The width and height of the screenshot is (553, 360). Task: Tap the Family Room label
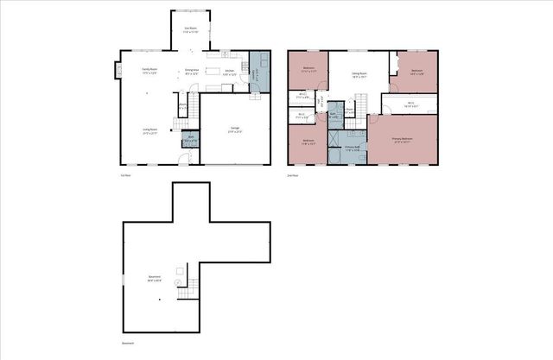149,72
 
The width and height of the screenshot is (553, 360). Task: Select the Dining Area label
192,72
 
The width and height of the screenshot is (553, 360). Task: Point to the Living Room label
149,131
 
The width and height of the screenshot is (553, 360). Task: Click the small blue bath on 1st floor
190,138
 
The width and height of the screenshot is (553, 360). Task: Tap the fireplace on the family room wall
118,72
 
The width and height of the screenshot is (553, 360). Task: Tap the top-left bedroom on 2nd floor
308,69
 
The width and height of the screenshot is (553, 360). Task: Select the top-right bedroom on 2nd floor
416,72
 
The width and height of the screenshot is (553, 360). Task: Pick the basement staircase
185,294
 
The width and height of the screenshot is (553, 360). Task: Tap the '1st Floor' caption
125,175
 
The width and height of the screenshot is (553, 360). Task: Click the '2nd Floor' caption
292,175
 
